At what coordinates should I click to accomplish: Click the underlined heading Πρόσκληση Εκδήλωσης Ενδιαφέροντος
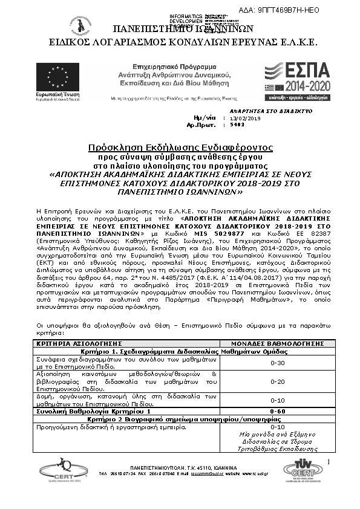pyautogui.click(x=180, y=147)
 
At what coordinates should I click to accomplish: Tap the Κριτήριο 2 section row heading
pyautogui.click(x=180, y=418)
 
